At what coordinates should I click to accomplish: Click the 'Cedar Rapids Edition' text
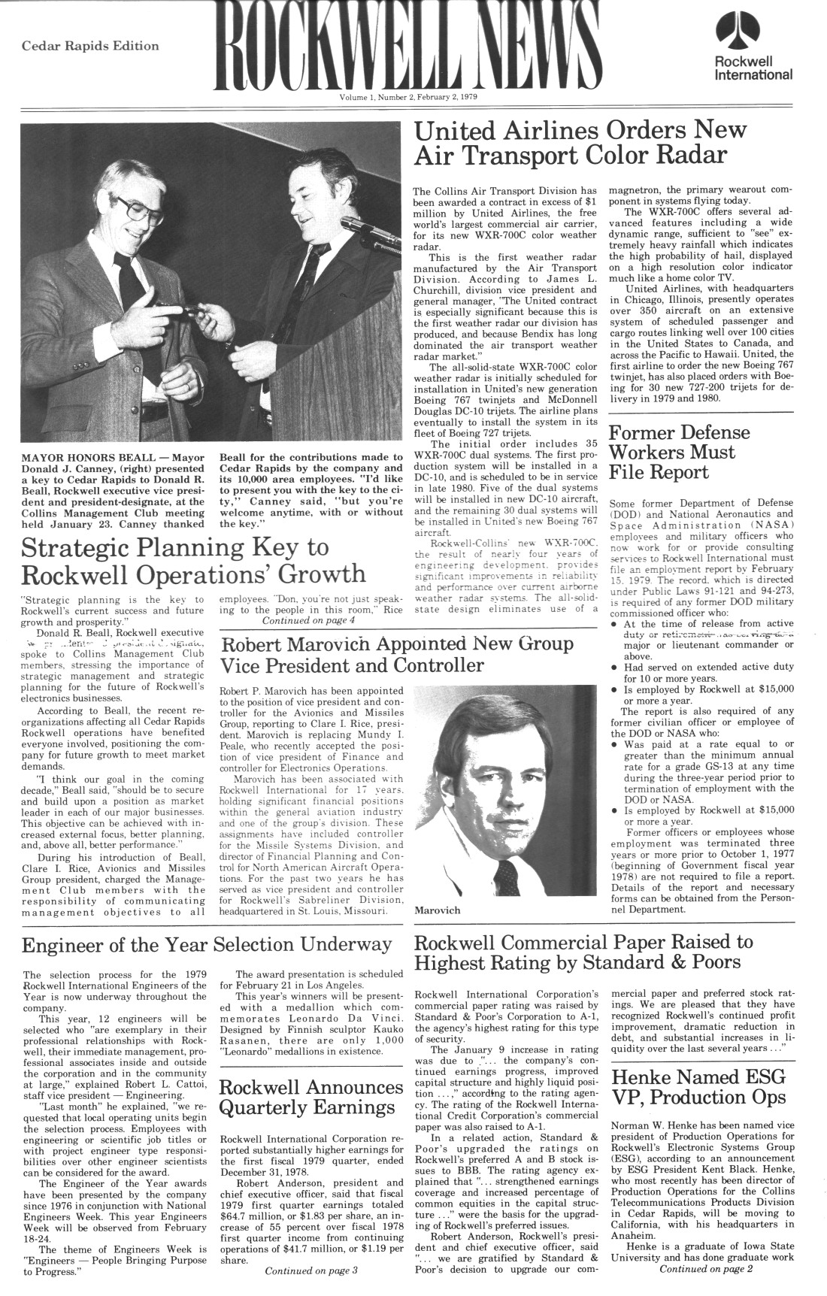(90, 46)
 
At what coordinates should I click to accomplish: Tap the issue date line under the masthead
(409, 97)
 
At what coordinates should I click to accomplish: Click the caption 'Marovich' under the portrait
(437, 910)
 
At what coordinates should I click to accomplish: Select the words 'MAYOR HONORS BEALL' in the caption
(89, 457)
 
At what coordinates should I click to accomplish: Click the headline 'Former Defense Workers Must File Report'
(680, 452)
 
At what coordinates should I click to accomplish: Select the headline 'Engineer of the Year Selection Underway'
(208, 944)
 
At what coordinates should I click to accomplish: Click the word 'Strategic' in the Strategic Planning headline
(72, 547)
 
